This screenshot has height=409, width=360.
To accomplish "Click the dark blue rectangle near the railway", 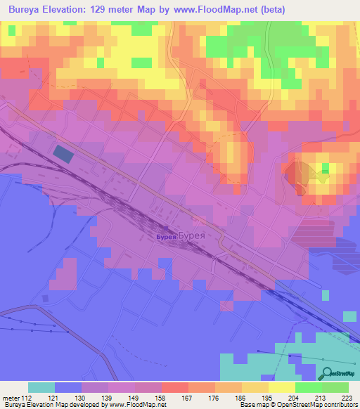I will tap(63, 155).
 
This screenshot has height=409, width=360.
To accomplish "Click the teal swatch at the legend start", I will tap(41, 387).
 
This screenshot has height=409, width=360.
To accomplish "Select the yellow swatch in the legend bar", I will tap(281, 387).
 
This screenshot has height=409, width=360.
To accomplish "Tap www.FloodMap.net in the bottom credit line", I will tap(138, 405).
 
